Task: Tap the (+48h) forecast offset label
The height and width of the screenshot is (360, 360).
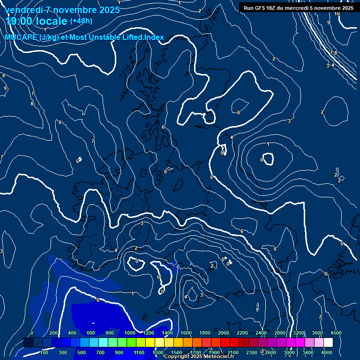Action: coord(81,21)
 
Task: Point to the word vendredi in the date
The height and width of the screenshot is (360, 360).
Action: coord(23,10)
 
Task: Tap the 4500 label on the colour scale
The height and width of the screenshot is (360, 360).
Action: coord(336,333)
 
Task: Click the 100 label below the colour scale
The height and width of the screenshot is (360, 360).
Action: coord(45,352)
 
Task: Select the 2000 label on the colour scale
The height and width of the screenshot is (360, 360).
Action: coord(224,333)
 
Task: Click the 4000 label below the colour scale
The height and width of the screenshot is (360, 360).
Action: coord(327,352)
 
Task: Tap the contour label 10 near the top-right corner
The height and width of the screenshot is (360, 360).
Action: coord(337,14)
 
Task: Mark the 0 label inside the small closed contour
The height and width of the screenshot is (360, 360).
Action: coord(262,160)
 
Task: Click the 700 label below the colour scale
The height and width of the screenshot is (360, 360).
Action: coord(100,352)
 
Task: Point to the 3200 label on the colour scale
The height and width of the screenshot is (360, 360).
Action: coord(299,333)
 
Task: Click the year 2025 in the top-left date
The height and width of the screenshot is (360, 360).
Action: coord(107,10)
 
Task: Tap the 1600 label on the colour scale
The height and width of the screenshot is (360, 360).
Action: coord(186,333)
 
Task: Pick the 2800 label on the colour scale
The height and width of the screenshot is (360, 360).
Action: coord(280,333)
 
